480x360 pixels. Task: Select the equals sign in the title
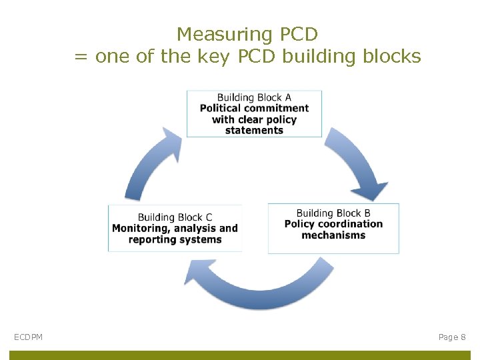click(x=81, y=57)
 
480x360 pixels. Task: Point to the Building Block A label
click(x=254, y=97)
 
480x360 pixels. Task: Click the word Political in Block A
click(x=221, y=109)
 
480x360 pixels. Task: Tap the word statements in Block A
click(x=254, y=131)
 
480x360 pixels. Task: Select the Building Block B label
click(x=333, y=213)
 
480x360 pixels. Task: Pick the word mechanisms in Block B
click(x=333, y=235)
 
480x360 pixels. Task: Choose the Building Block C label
click(x=175, y=217)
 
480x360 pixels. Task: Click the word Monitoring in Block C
click(x=140, y=229)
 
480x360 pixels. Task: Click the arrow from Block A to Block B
click(x=359, y=163)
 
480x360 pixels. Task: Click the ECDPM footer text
click(x=28, y=337)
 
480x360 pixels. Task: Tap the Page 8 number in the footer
click(x=452, y=337)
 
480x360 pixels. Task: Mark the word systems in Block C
click(x=199, y=240)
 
